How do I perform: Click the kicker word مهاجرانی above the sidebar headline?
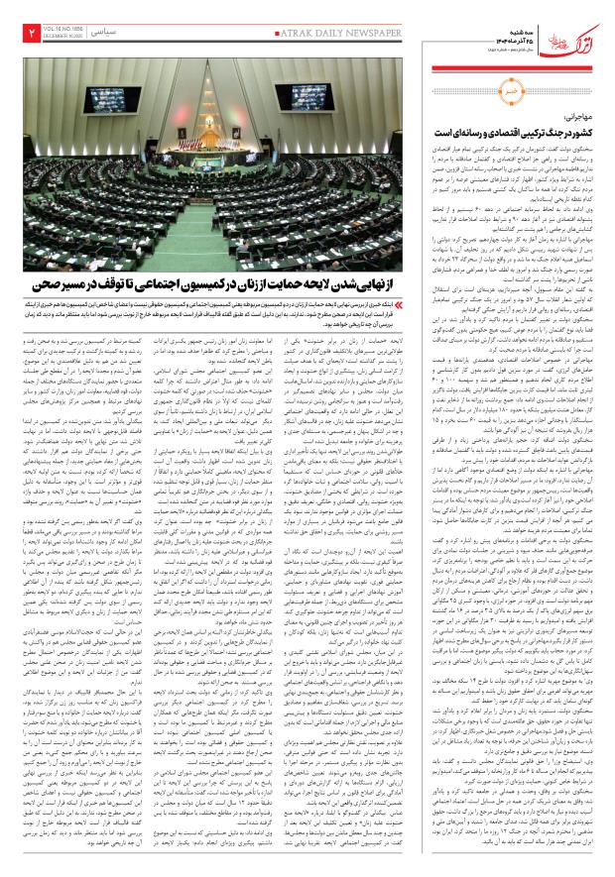tap(576, 118)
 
